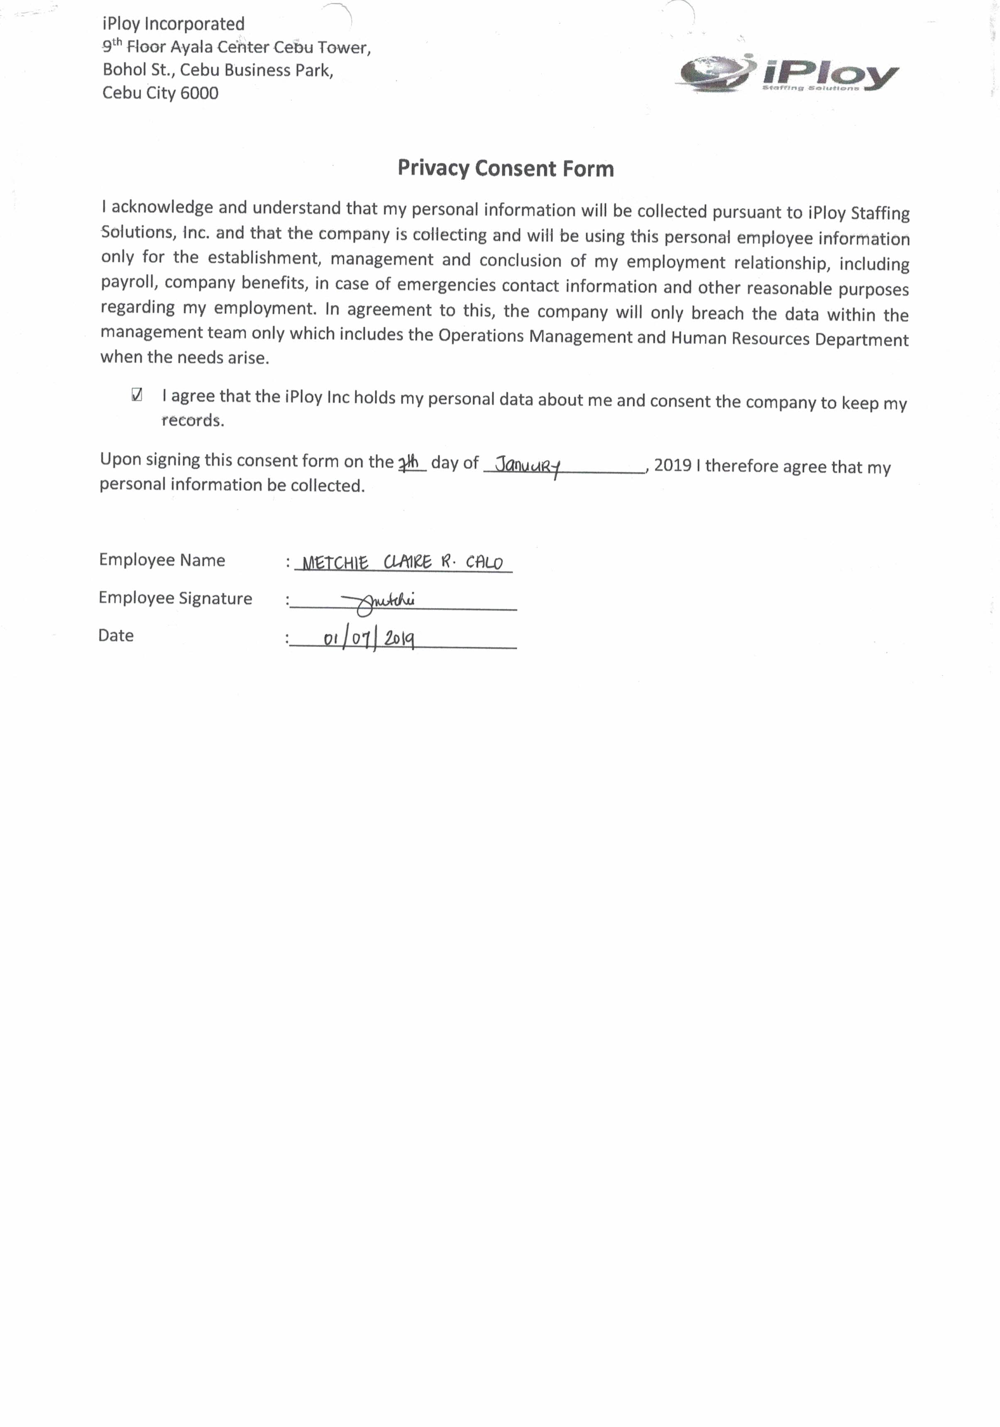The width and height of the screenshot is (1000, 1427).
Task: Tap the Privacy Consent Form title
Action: pyautogui.click(x=505, y=169)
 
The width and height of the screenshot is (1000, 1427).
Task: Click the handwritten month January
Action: pyautogui.click(x=528, y=465)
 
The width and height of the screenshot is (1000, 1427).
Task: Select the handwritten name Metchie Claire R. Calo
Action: pyautogui.click(x=402, y=563)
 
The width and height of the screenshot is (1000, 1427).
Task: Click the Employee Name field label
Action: pyautogui.click(x=161, y=560)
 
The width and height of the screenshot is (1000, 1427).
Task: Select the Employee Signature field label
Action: pyautogui.click(x=175, y=598)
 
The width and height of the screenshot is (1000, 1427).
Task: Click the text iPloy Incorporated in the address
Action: pyautogui.click(x=174, y=24)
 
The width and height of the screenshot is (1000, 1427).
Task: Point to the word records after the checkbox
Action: pyautogui.click(x=193, y=421)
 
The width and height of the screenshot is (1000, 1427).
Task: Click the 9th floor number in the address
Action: pyautogui.click(x=112, y=47)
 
